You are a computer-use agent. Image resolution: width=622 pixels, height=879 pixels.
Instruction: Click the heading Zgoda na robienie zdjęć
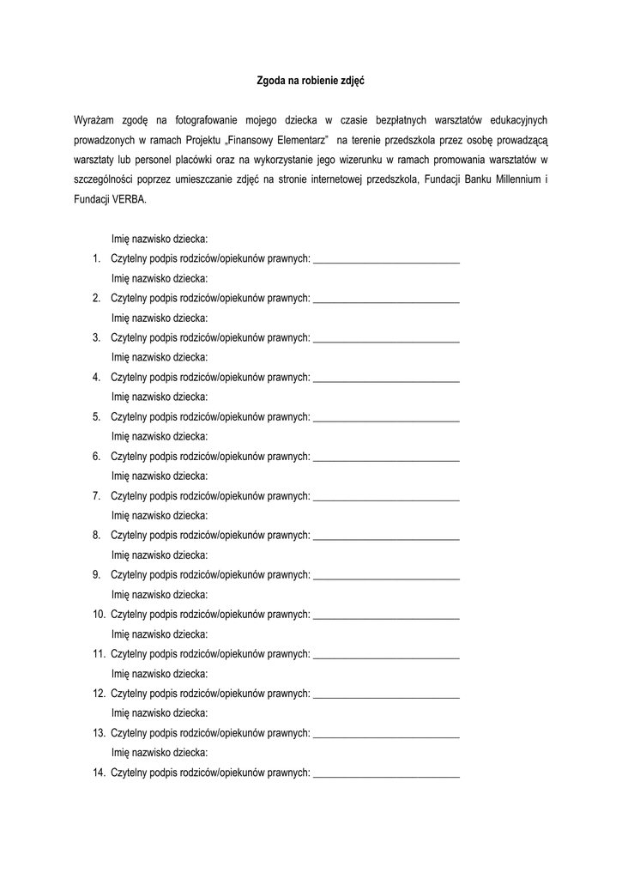311,82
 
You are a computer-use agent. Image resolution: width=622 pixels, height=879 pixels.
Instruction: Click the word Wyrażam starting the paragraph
95,119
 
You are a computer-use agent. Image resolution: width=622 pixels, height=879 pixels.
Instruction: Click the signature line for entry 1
386,259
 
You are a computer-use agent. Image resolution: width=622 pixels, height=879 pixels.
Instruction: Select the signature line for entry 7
386,496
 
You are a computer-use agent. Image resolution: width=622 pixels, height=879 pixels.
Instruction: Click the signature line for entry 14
386,773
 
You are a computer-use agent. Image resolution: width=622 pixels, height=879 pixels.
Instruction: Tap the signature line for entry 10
386,615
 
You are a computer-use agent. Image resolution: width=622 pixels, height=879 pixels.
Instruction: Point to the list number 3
96,337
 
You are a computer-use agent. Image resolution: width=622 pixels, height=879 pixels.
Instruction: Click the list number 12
99,694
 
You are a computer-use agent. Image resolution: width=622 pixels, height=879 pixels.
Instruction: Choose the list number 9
96,575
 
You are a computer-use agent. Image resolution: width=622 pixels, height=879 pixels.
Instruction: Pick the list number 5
96,417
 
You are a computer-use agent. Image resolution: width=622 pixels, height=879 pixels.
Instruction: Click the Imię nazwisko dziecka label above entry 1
160,239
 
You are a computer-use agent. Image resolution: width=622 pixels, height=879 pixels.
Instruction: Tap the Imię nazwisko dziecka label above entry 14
160,753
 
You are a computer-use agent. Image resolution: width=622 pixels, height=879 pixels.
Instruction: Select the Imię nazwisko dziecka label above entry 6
160,436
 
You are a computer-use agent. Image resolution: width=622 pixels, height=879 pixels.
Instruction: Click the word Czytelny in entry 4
129,377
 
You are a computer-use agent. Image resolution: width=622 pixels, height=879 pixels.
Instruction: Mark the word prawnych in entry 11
288,654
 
